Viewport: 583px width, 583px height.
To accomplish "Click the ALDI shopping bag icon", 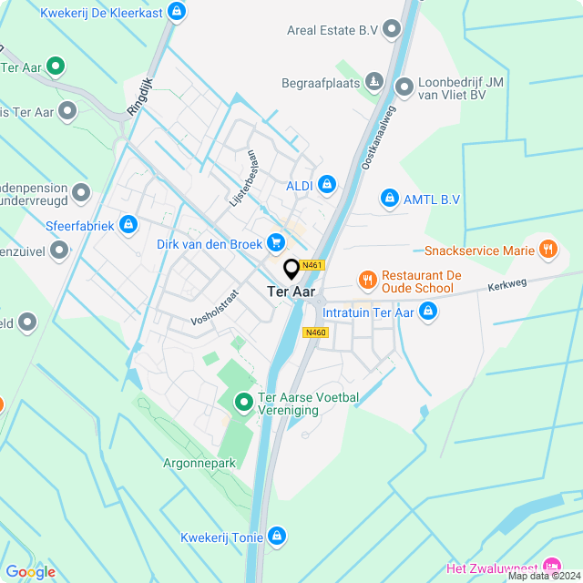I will coord(327,186).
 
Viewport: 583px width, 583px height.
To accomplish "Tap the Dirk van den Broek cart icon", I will coord(276,243).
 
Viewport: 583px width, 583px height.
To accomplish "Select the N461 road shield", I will coord(313,265).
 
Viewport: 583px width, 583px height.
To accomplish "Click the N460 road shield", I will coord(315,332).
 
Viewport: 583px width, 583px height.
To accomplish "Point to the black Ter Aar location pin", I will coord(291,269).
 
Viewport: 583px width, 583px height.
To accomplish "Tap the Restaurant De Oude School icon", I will coord(367,280).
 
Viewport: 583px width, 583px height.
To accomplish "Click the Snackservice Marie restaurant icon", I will coord(547,248).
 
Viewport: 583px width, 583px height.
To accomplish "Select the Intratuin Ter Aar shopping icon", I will coord(428,313).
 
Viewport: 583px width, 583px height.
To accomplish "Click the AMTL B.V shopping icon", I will coord(389,198).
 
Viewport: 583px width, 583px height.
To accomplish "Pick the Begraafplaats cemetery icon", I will coord(373,83).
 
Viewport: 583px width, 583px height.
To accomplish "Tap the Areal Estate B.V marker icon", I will coord(393,30).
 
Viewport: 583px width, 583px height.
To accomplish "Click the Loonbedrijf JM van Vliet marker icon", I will coord(404,87).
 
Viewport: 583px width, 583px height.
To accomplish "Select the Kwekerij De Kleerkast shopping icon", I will coord(177,12).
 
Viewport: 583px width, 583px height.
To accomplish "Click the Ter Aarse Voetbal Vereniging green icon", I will coord(243,401).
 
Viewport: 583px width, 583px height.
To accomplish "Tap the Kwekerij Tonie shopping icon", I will coord(277,537).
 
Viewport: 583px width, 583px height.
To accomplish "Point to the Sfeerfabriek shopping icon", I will coord(128,224).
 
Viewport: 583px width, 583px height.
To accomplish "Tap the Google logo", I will coord(30,571).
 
